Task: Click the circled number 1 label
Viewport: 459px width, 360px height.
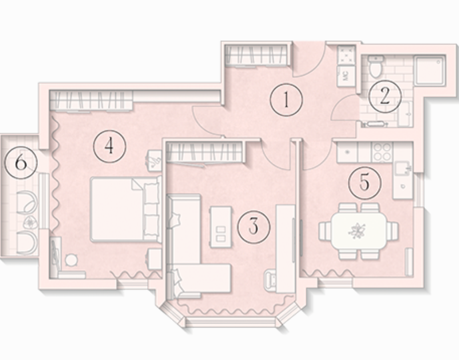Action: coord(286,99)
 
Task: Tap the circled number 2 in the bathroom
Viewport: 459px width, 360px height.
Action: coord(385,96)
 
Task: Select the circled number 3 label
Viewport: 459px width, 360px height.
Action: coord(254,227)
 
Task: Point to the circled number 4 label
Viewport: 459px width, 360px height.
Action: coord(109,146)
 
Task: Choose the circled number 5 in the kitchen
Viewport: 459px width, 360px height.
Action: coord(365,183)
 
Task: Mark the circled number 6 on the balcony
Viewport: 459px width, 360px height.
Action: coord(21,163)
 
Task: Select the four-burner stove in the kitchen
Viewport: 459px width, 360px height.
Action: coord(382,152)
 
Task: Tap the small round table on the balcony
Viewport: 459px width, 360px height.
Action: coord(30,223)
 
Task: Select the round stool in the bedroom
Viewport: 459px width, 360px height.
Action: coord(71,260)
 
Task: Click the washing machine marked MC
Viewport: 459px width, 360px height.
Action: coord(346,76)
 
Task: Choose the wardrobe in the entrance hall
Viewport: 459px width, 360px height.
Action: coord(258,55)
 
